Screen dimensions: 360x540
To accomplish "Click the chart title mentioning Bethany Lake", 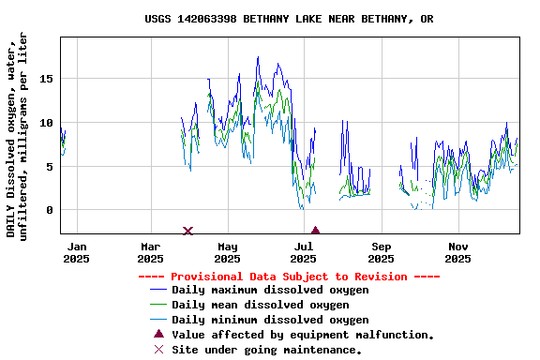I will pos(289,19).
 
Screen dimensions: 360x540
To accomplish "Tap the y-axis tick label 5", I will pos(49,167).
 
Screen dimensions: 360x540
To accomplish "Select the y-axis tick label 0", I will pos(49,210).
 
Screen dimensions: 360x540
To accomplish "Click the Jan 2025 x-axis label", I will pos(76,253).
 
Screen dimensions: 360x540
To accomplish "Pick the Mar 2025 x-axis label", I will pos(150,253).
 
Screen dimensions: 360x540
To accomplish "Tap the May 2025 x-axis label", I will pos(227,253).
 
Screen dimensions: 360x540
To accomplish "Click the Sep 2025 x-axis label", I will pos(381,253).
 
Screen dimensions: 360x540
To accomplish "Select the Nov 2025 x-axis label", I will pos(457,253).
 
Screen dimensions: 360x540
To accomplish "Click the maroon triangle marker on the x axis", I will pos(315,231).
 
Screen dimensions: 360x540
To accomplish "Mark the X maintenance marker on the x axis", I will pos(187,231).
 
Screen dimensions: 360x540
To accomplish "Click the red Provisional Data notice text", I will pos(289,277).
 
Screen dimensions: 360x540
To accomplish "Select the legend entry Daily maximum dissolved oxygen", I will pos(270,290).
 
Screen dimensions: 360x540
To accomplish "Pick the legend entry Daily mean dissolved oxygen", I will pos(261,305).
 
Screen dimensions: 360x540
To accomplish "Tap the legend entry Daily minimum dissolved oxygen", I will pos(270,320).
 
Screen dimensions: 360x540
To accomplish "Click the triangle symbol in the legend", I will pos(158,334).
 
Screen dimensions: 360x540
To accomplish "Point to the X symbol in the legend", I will pos(158,350).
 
